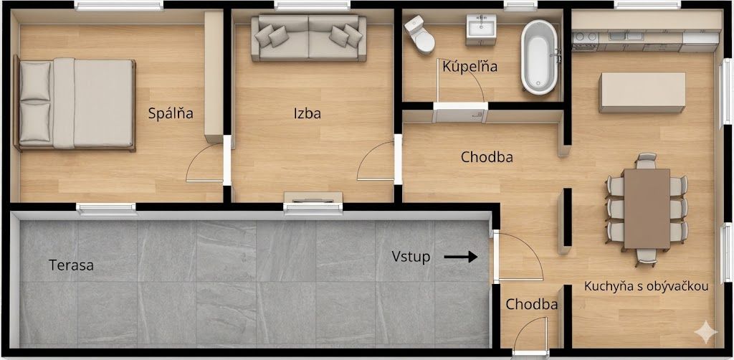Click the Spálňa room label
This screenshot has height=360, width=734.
point(171,113)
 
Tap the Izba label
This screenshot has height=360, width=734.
point(307,113)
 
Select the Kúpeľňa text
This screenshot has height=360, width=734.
point(470,67)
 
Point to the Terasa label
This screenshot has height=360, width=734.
point(71,265)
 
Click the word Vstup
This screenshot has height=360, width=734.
point(411,257)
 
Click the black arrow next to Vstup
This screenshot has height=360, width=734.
point(461,257)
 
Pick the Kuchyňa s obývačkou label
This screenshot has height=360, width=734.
point(646,287)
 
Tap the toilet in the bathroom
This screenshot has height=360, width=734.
point(420,34)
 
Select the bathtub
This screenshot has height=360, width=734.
point(540,57)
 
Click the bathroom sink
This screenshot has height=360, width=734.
point(481,29)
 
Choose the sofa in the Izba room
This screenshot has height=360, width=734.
point(308,39)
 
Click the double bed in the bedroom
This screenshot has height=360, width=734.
point(75,103)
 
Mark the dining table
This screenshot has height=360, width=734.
point(647,209)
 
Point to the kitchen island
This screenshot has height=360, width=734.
point(642,93)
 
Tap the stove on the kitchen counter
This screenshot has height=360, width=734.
point(585,40)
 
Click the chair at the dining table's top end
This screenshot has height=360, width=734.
point(646,161)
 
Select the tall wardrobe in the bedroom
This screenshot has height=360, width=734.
point(214,77)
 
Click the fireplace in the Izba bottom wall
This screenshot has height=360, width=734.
point(313,197)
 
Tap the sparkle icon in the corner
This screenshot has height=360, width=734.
point(705,332)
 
